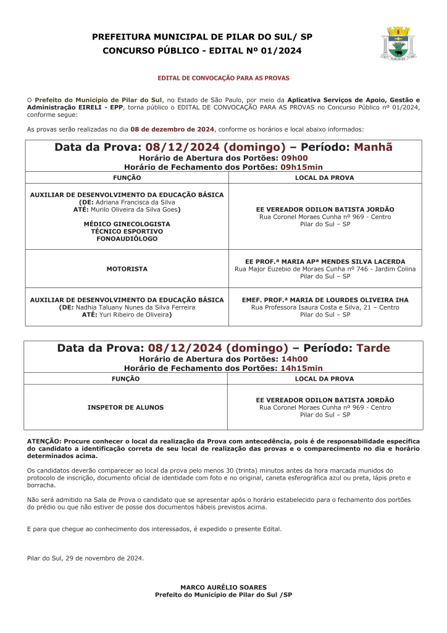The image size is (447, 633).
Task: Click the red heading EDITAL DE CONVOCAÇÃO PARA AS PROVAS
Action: [223, 79]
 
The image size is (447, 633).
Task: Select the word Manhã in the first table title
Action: [373, 147]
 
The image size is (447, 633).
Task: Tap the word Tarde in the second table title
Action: [374, 348]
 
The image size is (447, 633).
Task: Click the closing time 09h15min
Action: [301, 167]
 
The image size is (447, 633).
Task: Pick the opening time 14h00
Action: [295, 359]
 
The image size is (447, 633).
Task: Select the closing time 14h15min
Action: [301, 368]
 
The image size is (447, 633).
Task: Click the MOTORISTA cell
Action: [127, 269]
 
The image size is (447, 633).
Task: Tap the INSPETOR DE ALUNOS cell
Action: [125, 407]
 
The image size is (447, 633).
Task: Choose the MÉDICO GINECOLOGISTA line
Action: [127, 223]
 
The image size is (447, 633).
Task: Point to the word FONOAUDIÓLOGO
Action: [127, 239]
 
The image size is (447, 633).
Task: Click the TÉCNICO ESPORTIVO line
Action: [127, 231]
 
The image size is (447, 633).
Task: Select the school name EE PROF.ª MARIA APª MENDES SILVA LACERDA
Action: [325, 261]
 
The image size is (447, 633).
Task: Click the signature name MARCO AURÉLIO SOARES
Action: [223, 587]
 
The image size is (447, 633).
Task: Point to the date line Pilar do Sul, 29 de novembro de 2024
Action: [85, 558]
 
